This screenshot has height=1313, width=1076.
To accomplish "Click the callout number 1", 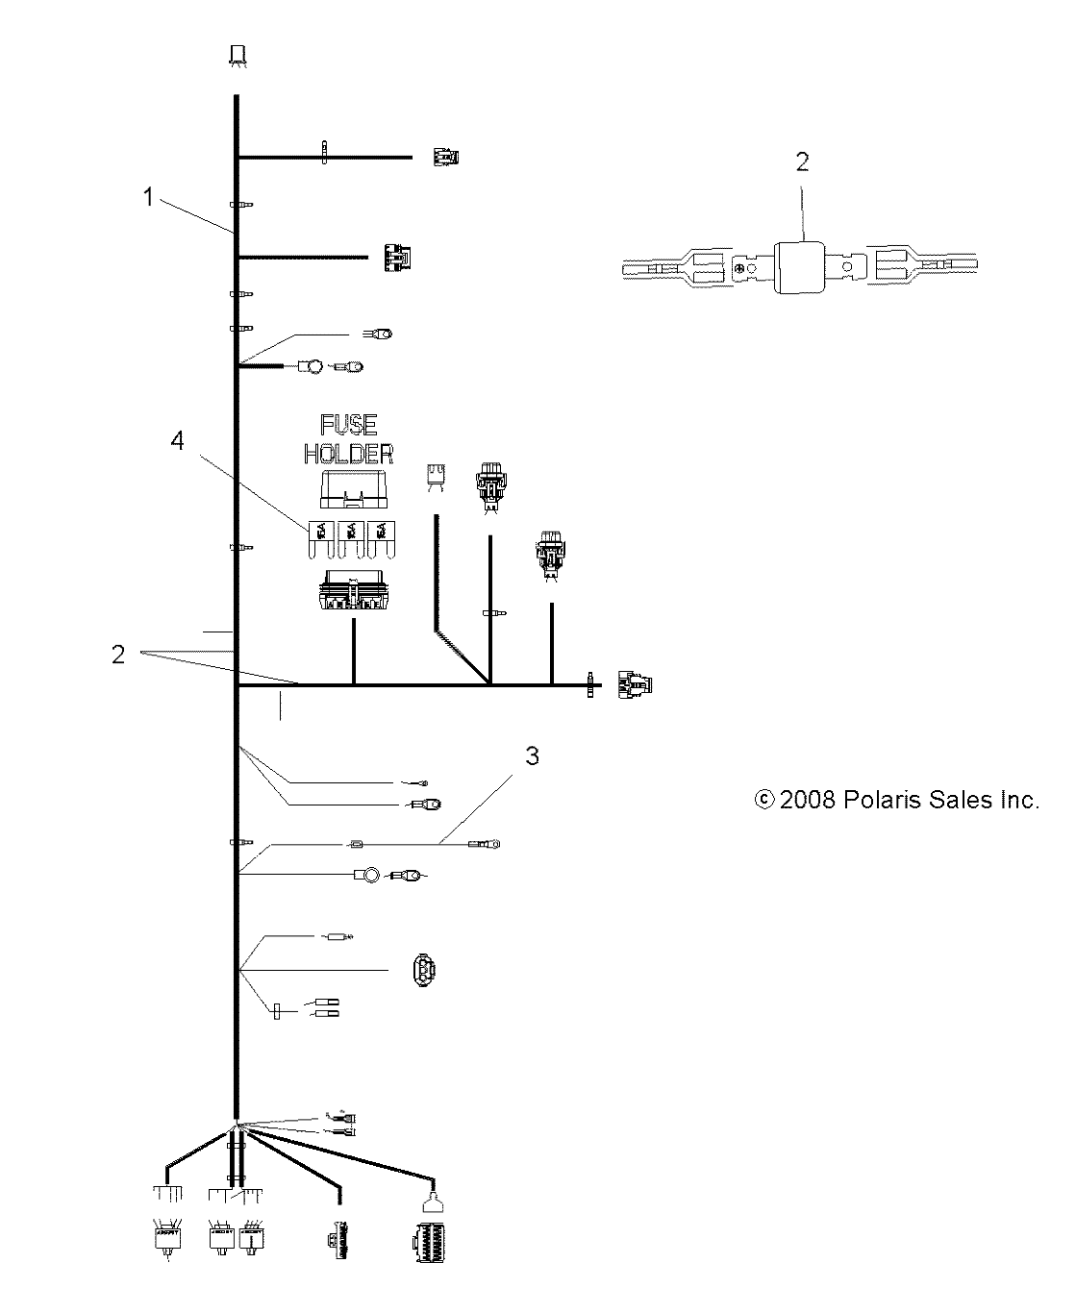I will [x=148, y=197].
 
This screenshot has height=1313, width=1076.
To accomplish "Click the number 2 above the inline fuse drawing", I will [x=802, y=161].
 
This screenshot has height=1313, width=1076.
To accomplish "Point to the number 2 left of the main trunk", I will [x=117, y=654].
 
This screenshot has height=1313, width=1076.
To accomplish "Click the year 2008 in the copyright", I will [x=809, y=800].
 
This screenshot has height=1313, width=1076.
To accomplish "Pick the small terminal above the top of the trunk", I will [x=236, y=54].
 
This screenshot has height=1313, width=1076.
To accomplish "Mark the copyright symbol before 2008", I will [x=765, y=800].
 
